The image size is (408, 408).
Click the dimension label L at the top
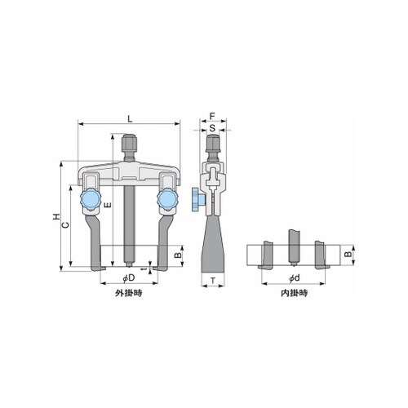(x=130, y=119)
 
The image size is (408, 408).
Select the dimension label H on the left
(x=56, y=217)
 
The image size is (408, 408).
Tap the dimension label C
(x=65, y=224)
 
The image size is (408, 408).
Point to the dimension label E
(x=108, y=206)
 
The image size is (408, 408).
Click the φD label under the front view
(x=129, y=277)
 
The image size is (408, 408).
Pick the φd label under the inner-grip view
(x=294, y=277)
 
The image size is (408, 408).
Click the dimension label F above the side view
(x=212, y=116)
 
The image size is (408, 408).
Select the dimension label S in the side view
(x=212, y=128)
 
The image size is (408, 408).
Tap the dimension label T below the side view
(x=213, y=281)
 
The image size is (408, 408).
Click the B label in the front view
(x=178, y=255)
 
